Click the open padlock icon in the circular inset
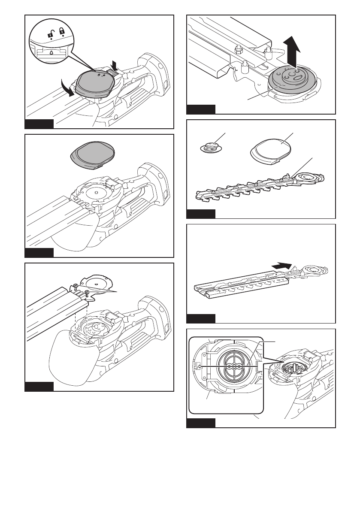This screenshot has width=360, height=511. [52, 32]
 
